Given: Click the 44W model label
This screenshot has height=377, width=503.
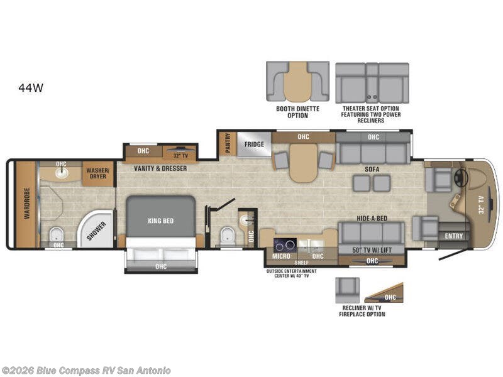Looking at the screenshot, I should [31, 88].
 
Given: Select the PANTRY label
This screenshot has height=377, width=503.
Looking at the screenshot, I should [227, 143].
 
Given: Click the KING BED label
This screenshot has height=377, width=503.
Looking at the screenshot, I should [161, 221].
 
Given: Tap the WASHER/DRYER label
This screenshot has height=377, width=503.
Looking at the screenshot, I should [98, 173].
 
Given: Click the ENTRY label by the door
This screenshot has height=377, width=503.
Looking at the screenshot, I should [453, 236].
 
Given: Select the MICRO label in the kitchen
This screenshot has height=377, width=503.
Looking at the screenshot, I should [280, 256].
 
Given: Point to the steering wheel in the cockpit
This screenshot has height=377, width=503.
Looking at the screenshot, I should [466, 178].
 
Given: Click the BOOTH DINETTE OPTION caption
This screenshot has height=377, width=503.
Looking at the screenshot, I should [297, 112].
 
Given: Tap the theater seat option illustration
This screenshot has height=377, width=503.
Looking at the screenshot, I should [372, 82].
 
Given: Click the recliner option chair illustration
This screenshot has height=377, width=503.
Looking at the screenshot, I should [346, 289].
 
